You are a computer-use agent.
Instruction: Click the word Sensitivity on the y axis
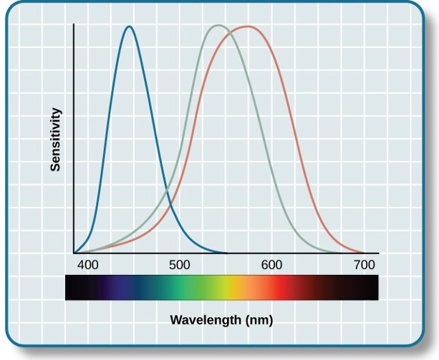click(x=55, y=139)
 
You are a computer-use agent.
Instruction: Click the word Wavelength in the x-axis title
click(x=206, y=318)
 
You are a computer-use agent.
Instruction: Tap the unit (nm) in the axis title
click(x=259, y=318)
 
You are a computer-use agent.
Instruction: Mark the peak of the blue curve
click(x=129, y=27)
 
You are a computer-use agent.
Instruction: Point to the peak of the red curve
click(x=248, y=26)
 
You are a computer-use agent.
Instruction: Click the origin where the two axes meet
click(x=74, y=253)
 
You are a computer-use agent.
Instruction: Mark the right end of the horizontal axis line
click(x=378, y=253)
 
